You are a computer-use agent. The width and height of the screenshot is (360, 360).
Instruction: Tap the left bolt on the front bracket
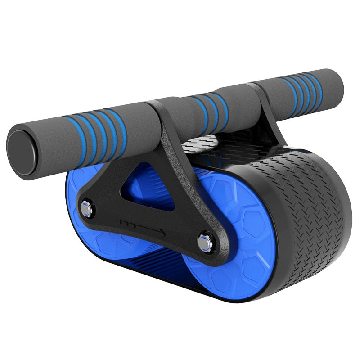[85, 208]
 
